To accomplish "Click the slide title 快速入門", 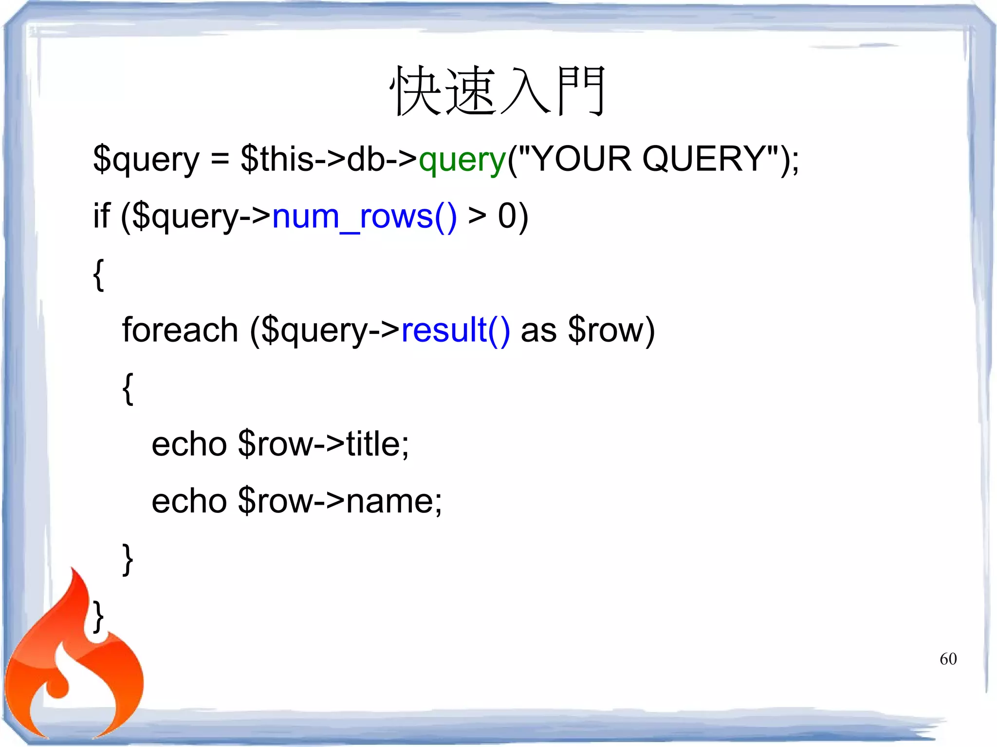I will click(x=498, y=91).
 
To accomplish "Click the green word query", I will click(x=462, y=160).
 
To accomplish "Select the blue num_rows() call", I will click(x=364, y=217).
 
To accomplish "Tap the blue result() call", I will click(x=456, y=330).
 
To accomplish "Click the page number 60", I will click(x=948, y=659).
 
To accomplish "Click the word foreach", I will click(x=180, y=330).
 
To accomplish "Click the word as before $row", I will click(x=538, y=330).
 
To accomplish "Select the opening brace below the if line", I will click(x=99, y=274).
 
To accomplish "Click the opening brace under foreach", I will click(x=128, y=388).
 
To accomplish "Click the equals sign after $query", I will click(x=220, y=160).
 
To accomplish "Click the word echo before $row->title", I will click(x=189, y=444).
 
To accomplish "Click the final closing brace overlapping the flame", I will click(x=99, y=616).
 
